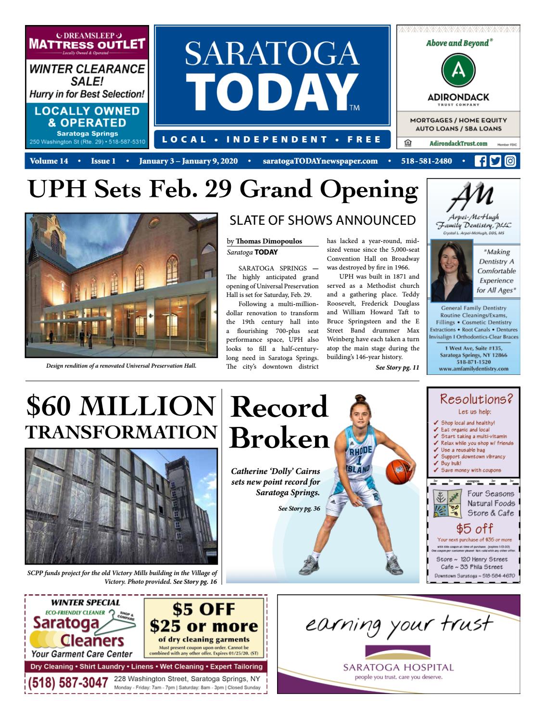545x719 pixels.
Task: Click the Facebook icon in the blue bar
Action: coord(480,161)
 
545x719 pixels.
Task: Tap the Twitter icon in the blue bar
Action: coord(494,161)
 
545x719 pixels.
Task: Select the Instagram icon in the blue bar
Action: coord(510,161)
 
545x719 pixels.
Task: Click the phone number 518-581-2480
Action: coord(426,161)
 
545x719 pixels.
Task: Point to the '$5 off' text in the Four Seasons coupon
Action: coord(474,529)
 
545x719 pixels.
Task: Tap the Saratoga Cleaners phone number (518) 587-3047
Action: coord(67,682)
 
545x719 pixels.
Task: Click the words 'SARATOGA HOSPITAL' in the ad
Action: coord(398,668)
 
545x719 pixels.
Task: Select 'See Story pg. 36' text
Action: coord(299,508)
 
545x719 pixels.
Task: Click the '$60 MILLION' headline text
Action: coord(120,406)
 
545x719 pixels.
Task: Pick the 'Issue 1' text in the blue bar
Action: coord(103,161)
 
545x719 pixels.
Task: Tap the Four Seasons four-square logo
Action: coord(446,504)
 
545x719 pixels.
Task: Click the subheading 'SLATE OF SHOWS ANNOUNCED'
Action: coord(322,220)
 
